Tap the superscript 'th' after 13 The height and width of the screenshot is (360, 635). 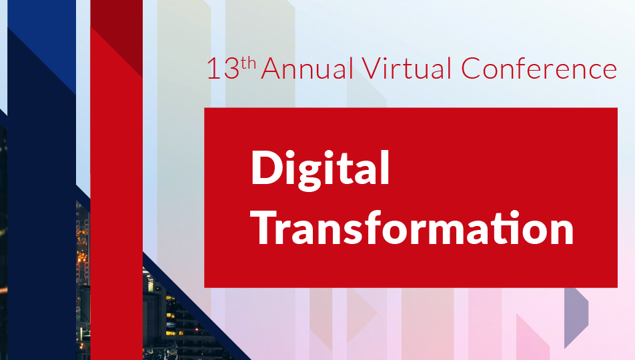(x=249, y=63)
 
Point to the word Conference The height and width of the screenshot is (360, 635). (x=539, y=67)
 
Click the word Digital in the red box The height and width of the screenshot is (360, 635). (x=320, y=170)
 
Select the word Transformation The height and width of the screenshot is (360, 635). (x=412, y=228)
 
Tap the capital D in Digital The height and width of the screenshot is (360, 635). (x=267, y=167)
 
